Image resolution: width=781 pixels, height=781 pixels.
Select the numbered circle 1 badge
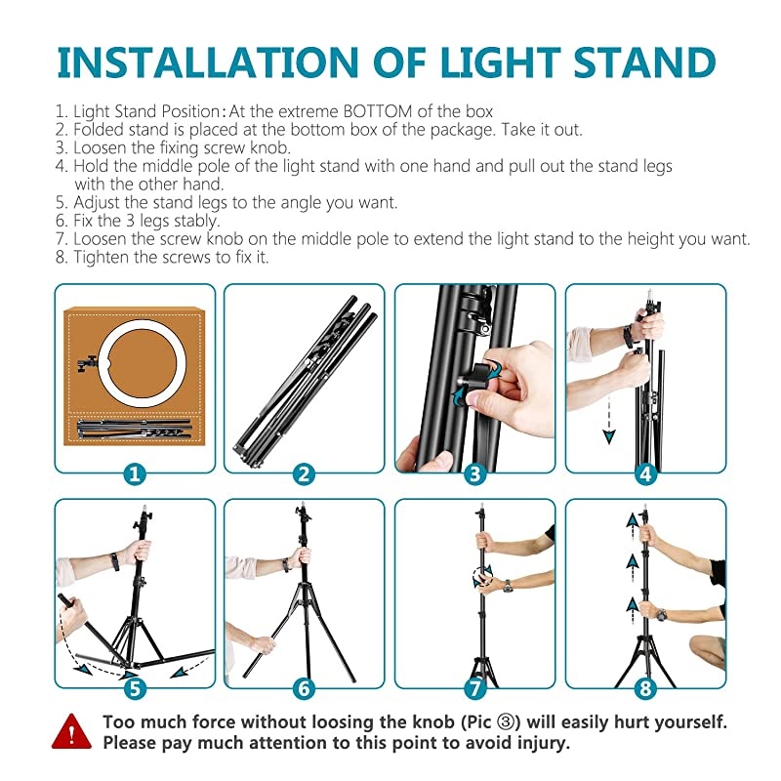click(x=135, y=474)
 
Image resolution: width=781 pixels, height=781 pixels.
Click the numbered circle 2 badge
click(x=305, y=474)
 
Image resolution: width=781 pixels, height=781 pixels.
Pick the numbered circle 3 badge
click(x=474, y=474)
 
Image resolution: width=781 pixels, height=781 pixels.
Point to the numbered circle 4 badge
click(x=644, y=474)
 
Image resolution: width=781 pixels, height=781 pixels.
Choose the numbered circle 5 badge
click(x=135, y=689)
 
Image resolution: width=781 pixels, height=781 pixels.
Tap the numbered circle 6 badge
click(x=305, y=689)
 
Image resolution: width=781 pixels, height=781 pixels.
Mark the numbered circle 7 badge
click(x=474, y=689)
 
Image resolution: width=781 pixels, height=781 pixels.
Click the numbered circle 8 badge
click(x=644, y=689)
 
